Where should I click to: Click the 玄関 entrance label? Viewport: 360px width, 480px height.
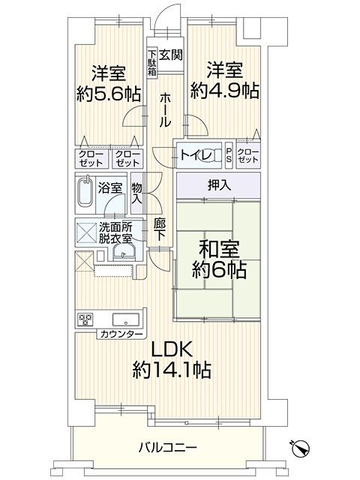[x=172, y=54]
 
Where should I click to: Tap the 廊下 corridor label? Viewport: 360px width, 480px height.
[x=160, y=229]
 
